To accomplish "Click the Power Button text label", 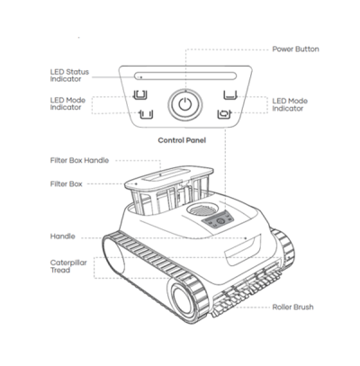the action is click(x=295, y=49).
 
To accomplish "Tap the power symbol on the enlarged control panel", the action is click(x=184, y=104).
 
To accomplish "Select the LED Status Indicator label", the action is click(x=69, y=76).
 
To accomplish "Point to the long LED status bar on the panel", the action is click(x=185, y=76).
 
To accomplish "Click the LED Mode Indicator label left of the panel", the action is click(x=67, y=103).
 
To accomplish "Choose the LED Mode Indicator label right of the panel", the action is click(x=290, y=104).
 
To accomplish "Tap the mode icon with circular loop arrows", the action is click(x=225, y=114).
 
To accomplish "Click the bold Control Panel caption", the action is click(x=182, y=140).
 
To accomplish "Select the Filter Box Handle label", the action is click(x=79, y=160).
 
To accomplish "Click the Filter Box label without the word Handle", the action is click(x=67, y=184).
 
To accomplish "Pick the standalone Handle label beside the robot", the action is click(x=63, y=237).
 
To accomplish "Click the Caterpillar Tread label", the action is click(x=68, y=266).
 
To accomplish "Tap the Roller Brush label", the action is click(x=292, y=308).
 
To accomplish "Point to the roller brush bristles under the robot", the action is click(x=247, y=293).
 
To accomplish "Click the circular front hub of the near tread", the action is click(x=183, y=301).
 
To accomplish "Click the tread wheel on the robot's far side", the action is click(x=283, y=246).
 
